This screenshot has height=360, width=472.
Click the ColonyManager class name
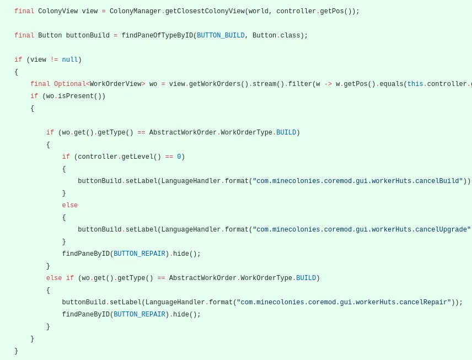pos(136,11)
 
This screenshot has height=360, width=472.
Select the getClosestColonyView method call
pos(205,11)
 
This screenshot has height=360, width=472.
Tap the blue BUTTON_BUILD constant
pos(221,35)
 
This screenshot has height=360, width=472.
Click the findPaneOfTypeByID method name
pos(157,35)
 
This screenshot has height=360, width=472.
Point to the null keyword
pos(70,60)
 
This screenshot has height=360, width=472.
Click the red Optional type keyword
pos(70,84)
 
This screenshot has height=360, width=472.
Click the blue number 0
pos(179,157)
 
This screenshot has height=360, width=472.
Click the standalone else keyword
pos(70,205)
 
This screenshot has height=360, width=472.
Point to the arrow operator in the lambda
pos(328,84)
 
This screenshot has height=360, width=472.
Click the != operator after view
pos(54,60)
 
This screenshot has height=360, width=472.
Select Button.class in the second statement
pos(276,35)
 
